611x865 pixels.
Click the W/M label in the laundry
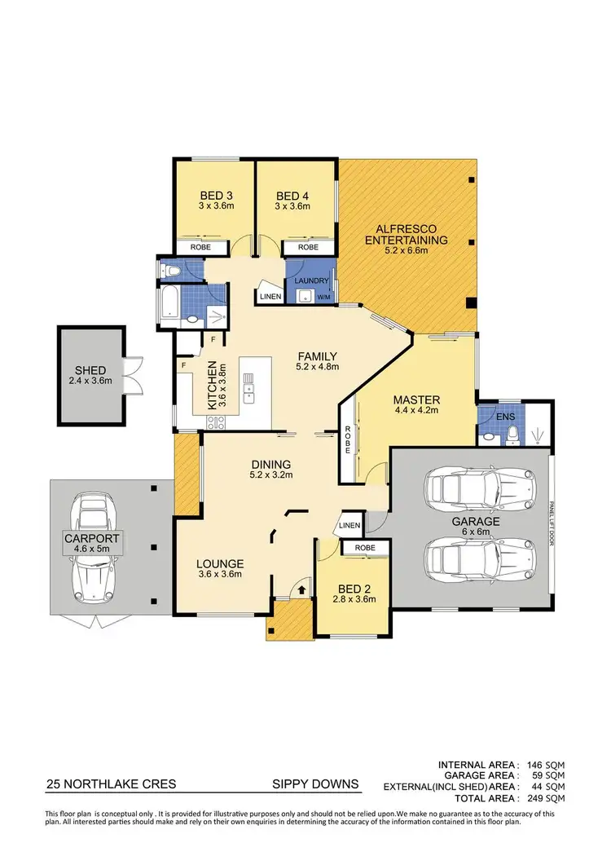click(323, 297)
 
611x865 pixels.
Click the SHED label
click(89, 370)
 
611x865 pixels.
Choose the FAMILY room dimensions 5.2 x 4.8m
click(317, 367)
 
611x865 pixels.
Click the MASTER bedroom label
click(416, 399)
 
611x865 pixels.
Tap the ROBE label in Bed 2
click(365, 548)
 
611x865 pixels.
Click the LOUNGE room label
click(220, 563)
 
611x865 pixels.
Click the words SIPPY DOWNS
click(314, 785)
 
